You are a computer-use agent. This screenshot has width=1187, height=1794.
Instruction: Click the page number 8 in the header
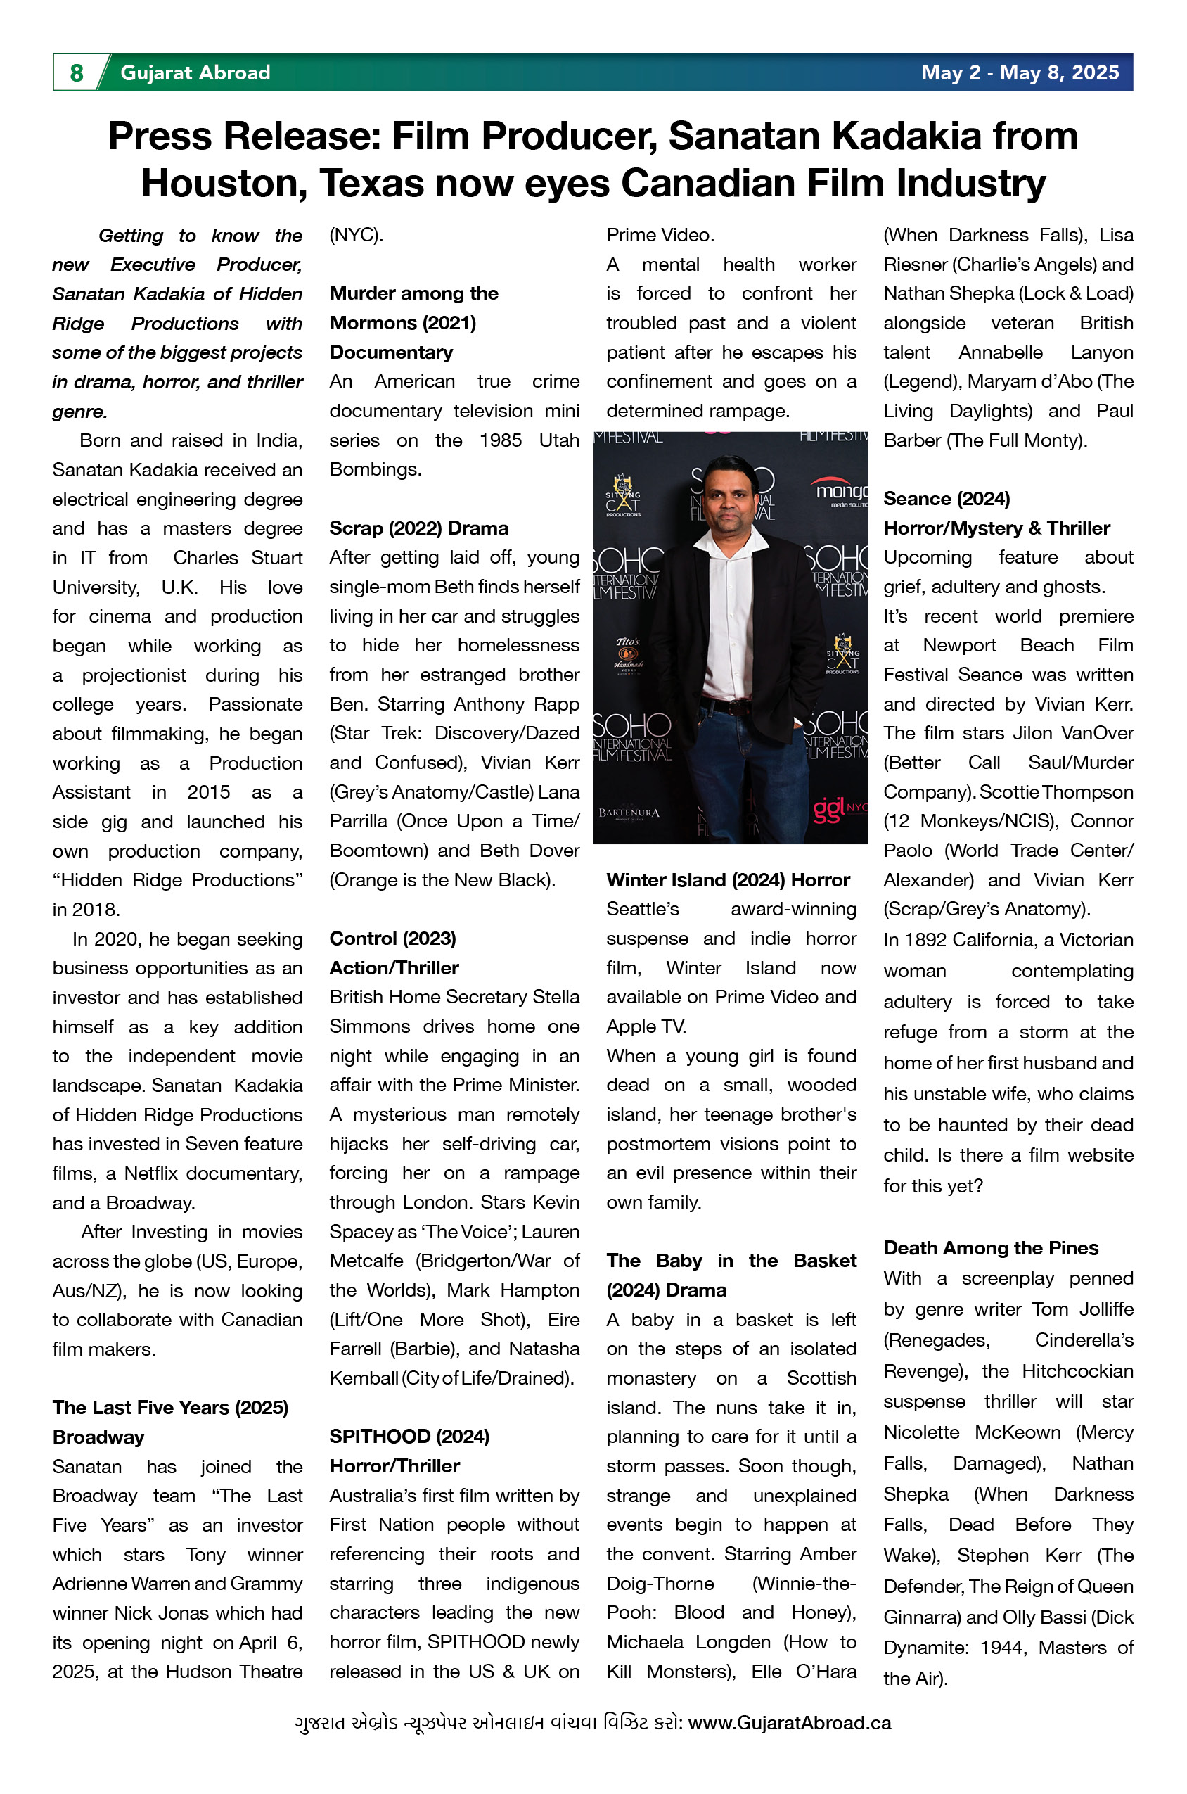77,72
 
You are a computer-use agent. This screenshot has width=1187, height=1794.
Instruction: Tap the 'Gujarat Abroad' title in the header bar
195,72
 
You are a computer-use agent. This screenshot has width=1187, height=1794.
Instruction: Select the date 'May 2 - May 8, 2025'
1019,72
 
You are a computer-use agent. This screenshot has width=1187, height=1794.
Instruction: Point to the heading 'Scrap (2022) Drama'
418,528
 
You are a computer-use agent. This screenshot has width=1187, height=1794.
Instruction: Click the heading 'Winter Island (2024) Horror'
728,880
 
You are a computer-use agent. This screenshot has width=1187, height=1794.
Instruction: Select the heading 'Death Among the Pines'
990,1247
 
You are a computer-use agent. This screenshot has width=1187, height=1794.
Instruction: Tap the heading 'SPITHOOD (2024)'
409,1437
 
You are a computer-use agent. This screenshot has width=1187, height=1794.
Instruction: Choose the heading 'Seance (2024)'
947,498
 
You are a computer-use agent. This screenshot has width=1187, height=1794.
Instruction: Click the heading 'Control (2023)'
392,939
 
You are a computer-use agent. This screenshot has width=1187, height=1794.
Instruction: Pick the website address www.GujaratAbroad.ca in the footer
789,1723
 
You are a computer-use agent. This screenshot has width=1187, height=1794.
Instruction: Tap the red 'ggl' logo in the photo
830,809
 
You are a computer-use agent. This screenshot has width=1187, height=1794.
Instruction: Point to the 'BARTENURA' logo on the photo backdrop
629,813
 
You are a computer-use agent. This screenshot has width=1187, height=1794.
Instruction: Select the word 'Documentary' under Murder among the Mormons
390,352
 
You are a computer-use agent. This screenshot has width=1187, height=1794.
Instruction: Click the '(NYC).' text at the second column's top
356,235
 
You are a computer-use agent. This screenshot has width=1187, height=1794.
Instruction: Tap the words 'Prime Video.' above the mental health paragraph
660,235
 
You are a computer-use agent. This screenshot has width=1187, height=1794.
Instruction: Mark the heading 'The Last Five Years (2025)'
170,1407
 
